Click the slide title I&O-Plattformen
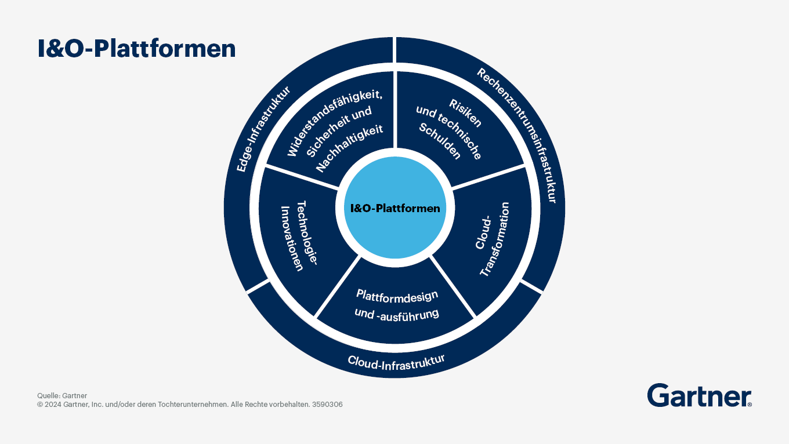coord(137,49)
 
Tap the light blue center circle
coord(395,208)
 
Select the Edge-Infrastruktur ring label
coord(263,129)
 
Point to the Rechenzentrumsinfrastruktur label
coord(517,135)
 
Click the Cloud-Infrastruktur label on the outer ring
coord(396,363)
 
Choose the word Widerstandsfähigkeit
coord(335,123)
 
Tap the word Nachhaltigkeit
coord(349,148)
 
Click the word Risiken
coord(465,113)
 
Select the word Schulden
coord(440,141)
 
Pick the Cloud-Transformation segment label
coord(492,239)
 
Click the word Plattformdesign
coord(397,296)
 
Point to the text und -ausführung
coord(397,314)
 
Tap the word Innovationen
coord(292,239)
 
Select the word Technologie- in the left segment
coord(307,233)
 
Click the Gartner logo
coord(700,395)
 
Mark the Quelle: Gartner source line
coord(62,395)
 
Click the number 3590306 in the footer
coord(327,404)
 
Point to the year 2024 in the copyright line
coord(53,404)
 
